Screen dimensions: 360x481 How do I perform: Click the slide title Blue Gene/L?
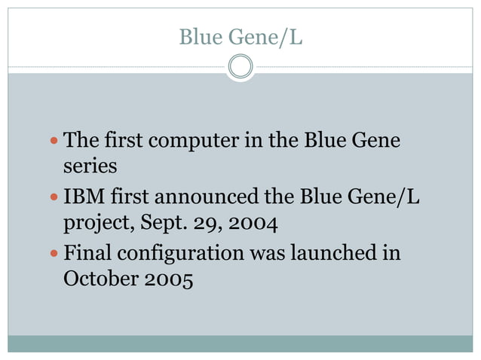point(240,35)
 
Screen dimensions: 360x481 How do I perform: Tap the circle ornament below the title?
point(240,67)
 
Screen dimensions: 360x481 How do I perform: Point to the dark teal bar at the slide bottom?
point(240,343)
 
